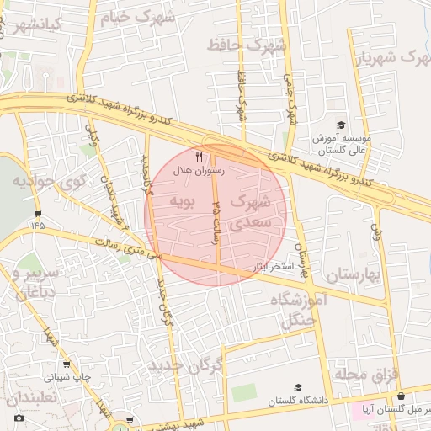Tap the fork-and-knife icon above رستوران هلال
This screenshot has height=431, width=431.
click(199, 157)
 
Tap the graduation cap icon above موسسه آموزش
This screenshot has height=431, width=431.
click(340, 125)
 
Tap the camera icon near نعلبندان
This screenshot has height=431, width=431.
click(19, 418)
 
